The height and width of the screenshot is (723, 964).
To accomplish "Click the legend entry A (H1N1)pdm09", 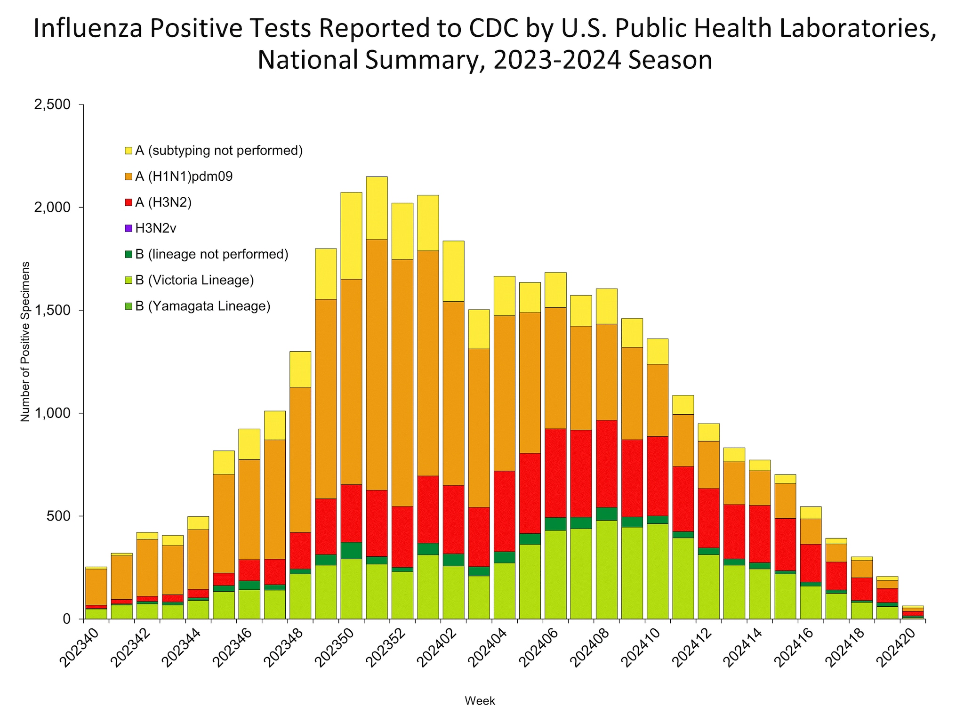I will (x=184, y=177).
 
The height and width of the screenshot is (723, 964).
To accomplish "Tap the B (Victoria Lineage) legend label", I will (x=194, y=280).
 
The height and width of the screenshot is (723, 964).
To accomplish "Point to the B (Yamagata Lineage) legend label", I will (x=202, y=306).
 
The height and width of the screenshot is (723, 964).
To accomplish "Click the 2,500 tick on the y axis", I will (x=52, y=104).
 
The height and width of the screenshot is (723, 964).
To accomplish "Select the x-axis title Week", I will (x=480, y=701).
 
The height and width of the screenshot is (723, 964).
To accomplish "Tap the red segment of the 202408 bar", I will (x=606, y=464).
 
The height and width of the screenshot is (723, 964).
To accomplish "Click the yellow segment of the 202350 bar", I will (x=351, y=235).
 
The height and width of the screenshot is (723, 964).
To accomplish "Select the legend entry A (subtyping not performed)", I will (x=218, y=151).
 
